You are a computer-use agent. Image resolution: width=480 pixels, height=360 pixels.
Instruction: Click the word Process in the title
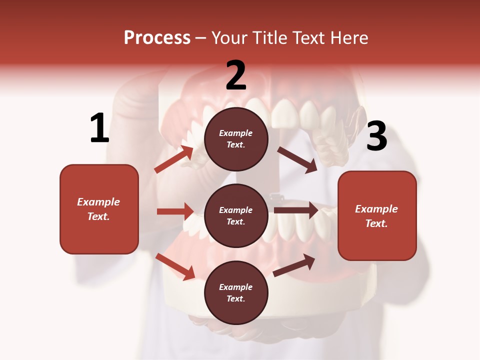tap(157, 37)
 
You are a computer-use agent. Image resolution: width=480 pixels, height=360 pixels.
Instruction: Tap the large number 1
tap(99, 128)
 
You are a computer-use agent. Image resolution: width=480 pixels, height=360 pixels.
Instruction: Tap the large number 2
tap(236, 75)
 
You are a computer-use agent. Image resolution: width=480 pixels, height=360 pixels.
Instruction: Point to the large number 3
tap(377, 136)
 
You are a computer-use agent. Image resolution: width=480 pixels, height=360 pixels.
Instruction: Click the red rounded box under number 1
tap(99, 209)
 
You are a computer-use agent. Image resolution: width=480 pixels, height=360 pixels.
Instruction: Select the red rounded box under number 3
tap(377, 215)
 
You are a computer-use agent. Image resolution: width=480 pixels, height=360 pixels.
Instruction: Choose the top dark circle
tap(236, 139)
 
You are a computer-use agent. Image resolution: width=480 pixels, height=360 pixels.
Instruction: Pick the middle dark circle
tap(236, 215)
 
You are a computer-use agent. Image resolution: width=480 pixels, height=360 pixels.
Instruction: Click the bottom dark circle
tap(236, 292)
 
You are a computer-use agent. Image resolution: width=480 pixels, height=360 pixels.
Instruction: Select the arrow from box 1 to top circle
tap(174, 159)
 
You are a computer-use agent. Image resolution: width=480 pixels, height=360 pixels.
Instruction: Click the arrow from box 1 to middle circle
tap(175, 211)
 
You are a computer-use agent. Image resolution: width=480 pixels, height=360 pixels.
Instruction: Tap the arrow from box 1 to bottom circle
tap(175, 266)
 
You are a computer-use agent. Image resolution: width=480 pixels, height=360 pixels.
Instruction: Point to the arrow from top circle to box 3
tap(297, 159)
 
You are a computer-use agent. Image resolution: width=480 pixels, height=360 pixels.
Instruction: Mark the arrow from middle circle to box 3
tap(296, 210)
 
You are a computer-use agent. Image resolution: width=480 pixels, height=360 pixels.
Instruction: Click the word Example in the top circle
tap(236, 133)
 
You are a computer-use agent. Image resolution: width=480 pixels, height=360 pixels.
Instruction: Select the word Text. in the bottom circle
tap(236, 298)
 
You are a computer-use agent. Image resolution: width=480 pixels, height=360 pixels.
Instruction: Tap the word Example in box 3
tap(376, 209)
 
